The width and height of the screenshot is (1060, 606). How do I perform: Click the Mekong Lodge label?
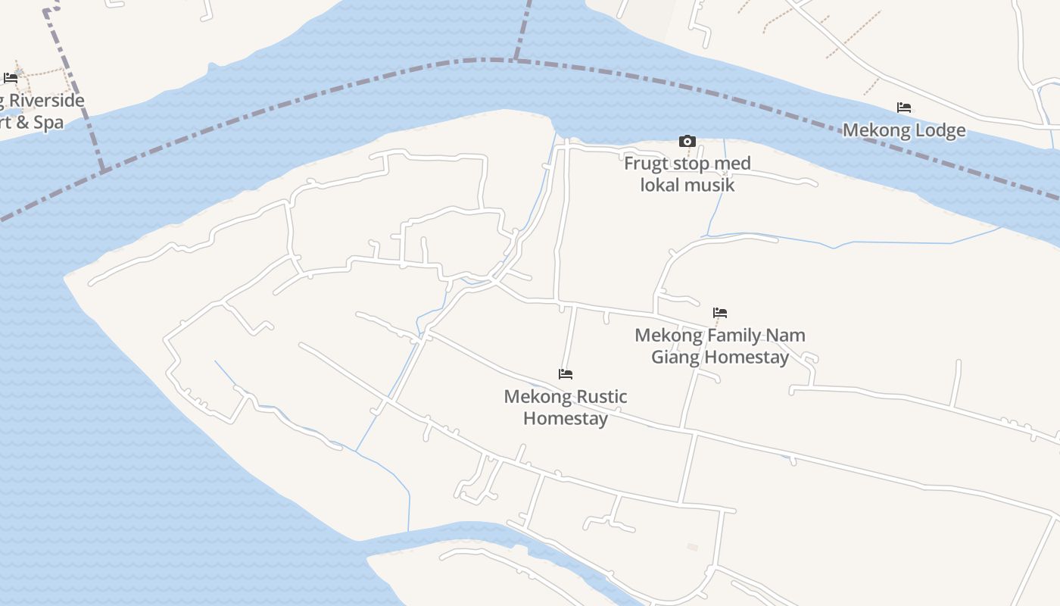point(904,130)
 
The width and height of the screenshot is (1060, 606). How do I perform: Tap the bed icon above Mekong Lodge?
point(903,108)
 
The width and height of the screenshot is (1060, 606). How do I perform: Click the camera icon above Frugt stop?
point(687,141)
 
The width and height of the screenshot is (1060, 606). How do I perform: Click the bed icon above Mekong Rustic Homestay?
point(566,373)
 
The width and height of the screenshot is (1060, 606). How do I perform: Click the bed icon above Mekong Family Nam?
point(720,312)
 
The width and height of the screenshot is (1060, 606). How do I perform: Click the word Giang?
point(675,357)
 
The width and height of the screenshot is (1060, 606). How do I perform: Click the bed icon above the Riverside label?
point(11,77)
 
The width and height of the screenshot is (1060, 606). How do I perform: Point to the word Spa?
point(48,123)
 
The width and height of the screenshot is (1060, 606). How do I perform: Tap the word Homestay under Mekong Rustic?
point(566,418)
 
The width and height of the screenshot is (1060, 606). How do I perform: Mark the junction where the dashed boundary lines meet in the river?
point(516,58)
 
